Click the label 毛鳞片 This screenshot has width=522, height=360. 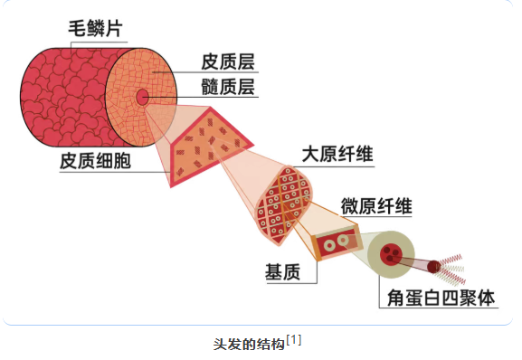tap(96, 28)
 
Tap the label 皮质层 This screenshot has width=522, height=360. tap(228, 62)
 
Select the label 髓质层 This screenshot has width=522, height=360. tap(228, 87)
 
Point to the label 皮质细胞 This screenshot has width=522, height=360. tap(95, 161)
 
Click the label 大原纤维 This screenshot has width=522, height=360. tap(337, 154)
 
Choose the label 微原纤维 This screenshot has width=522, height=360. tap(376, 206)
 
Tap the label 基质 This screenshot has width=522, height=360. tap(282, 272)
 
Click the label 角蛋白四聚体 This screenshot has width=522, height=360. tap(441, 298)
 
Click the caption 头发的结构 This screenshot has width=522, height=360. tap(249, 344)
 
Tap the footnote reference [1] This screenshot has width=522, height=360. tap(294, 340)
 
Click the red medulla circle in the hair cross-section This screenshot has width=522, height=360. tap(142, 97)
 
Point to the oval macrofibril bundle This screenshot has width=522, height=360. tap(284, 204)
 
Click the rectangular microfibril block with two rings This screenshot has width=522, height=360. tap(336, 243)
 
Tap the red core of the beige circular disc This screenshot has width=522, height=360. tap(391, 254)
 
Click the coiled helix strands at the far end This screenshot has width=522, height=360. tap(451, 270)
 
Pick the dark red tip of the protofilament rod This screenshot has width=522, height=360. tap(434, 267)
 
